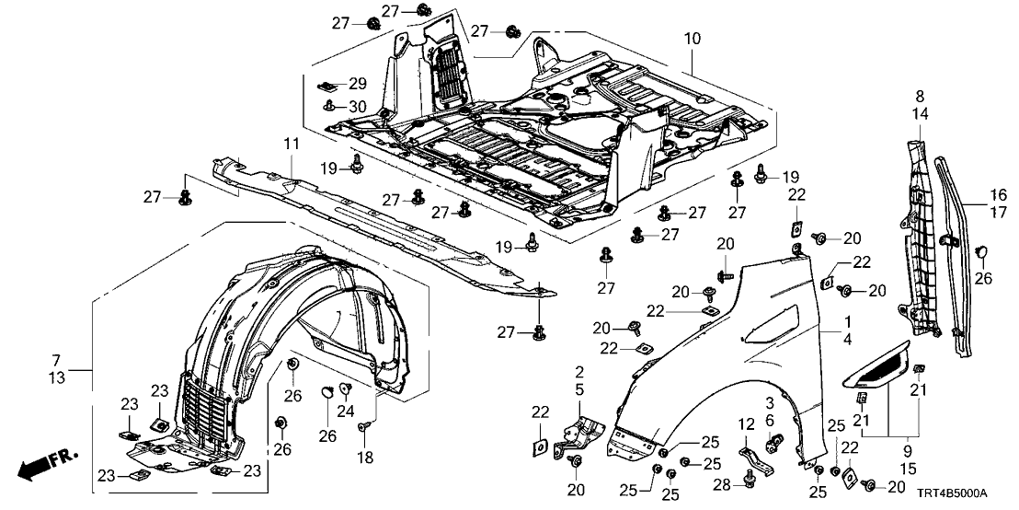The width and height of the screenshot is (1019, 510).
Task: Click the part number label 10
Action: click(x=692, y=40)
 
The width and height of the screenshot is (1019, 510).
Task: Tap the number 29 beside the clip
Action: click(x=357, y=84)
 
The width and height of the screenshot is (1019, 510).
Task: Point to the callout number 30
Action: click(x=357, y=106)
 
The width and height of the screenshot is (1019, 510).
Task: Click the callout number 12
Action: click(x=744, y=423)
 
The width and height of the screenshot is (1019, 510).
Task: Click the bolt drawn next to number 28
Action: click(x=748, y=480)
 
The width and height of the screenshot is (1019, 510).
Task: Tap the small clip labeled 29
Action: click(x=328, y=86)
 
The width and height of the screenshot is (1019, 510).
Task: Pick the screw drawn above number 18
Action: click(x=365, y=427)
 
